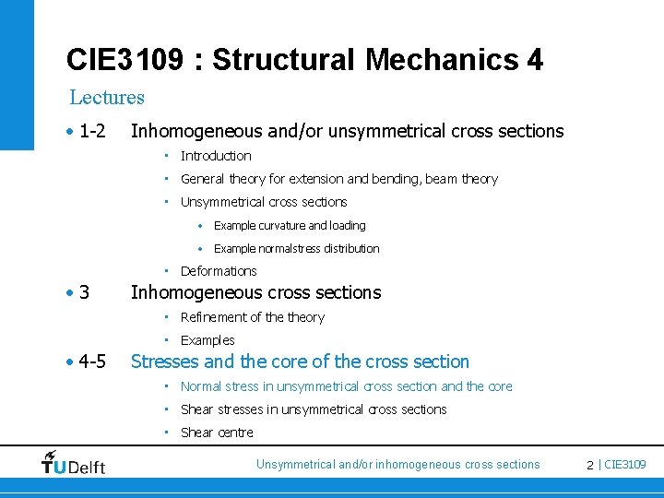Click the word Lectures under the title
[x=107, y=97]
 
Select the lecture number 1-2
[x=91, y=132]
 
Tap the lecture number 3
[x=84, y=293]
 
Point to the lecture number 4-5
[x=91, y=362]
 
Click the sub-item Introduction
[x=216, y=156]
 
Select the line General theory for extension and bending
[x=338, y=179]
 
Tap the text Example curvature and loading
[x=290, y=225]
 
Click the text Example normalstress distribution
[x=296, y=248]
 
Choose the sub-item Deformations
[x=219, y=271]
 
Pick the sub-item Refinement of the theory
[x=253, y=317]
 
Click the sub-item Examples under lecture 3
[x=207, y=340]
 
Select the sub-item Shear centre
[x=217, y=433]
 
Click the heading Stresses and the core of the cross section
[x=300, y=362]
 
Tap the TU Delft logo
[x=73, y=464]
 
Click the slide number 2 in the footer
[x=589, y=465]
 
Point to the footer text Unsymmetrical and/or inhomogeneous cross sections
[x=397, y=465]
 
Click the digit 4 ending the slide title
[x=535, y=61]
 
